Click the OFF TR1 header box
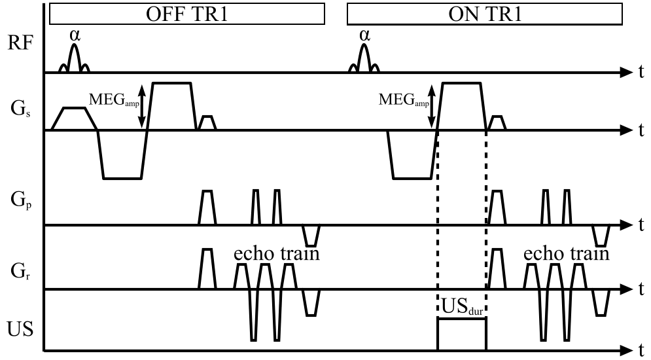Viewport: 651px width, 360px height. pos(186,14)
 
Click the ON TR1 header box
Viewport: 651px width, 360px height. pos(485,14)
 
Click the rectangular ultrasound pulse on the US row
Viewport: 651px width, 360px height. pos(461,334)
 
